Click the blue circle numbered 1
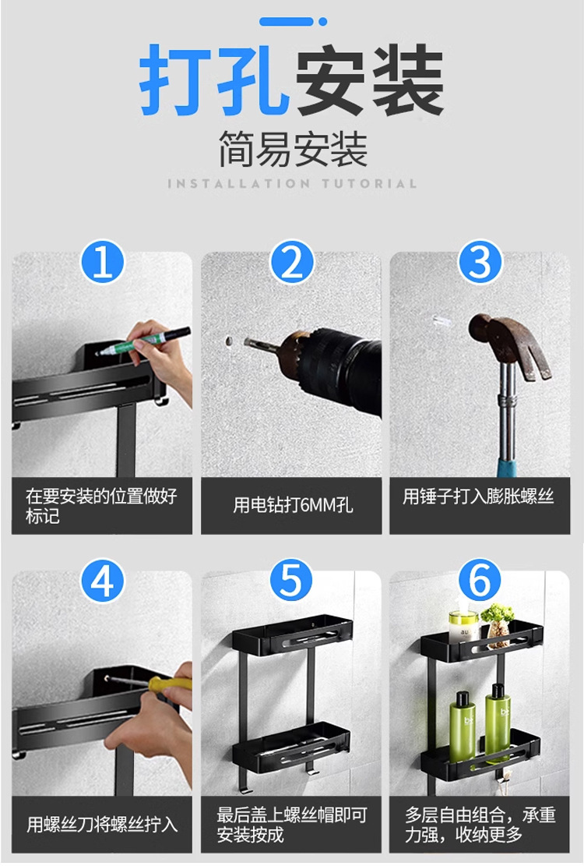(102, 262)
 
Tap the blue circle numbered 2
(292, 262)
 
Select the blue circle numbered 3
(480, 262)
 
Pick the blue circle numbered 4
(102, 581)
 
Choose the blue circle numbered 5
(292, 581)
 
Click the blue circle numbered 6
(480, 581)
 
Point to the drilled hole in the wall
(229, 341)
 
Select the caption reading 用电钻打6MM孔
(292, 505)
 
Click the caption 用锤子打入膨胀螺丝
(478, 497)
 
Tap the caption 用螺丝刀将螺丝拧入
(102, 825)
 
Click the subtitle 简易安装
(292, 149)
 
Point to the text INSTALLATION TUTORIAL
(292, 183)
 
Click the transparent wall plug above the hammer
(442, 320)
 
